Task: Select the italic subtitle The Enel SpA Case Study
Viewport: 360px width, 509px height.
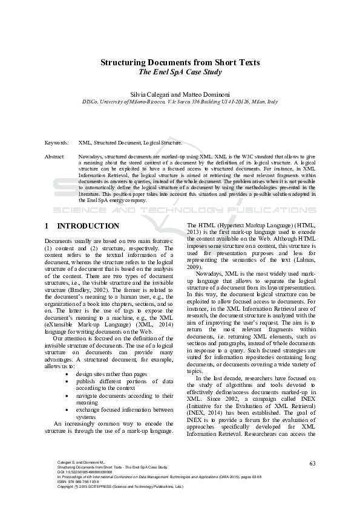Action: [180, 72]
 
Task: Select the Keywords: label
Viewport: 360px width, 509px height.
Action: [57, 143]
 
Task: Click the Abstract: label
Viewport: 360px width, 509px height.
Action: [55, 156]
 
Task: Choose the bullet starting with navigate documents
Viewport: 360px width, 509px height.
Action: [125, 398]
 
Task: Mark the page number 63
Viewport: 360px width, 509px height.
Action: [313, 463]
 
